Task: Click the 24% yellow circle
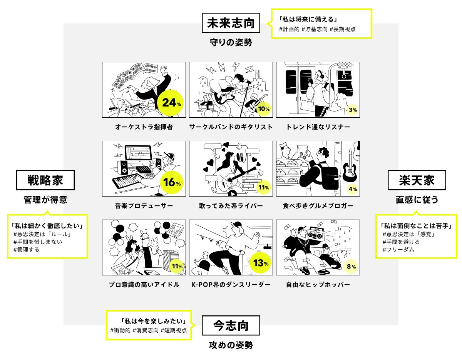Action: [170, 103]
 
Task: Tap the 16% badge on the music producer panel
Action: [171, 182]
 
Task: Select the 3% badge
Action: [352, 110]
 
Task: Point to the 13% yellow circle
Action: [260, 263]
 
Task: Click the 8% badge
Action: [351, 266]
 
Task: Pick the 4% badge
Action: [352, 189]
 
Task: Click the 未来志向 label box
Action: [231, 23]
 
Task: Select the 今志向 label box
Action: [231, 325]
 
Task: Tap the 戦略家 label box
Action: [45, 180]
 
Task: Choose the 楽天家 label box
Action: [417, 180]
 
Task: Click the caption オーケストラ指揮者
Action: [144, 127]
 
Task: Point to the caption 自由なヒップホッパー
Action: [318, 285]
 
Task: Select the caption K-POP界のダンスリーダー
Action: [231, 285]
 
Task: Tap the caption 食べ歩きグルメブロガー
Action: [318, 206]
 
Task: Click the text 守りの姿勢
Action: [231, 42]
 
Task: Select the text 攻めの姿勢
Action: [231, 345]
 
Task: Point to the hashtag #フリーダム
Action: [398, 250]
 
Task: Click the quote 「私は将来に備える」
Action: [308, 19]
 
